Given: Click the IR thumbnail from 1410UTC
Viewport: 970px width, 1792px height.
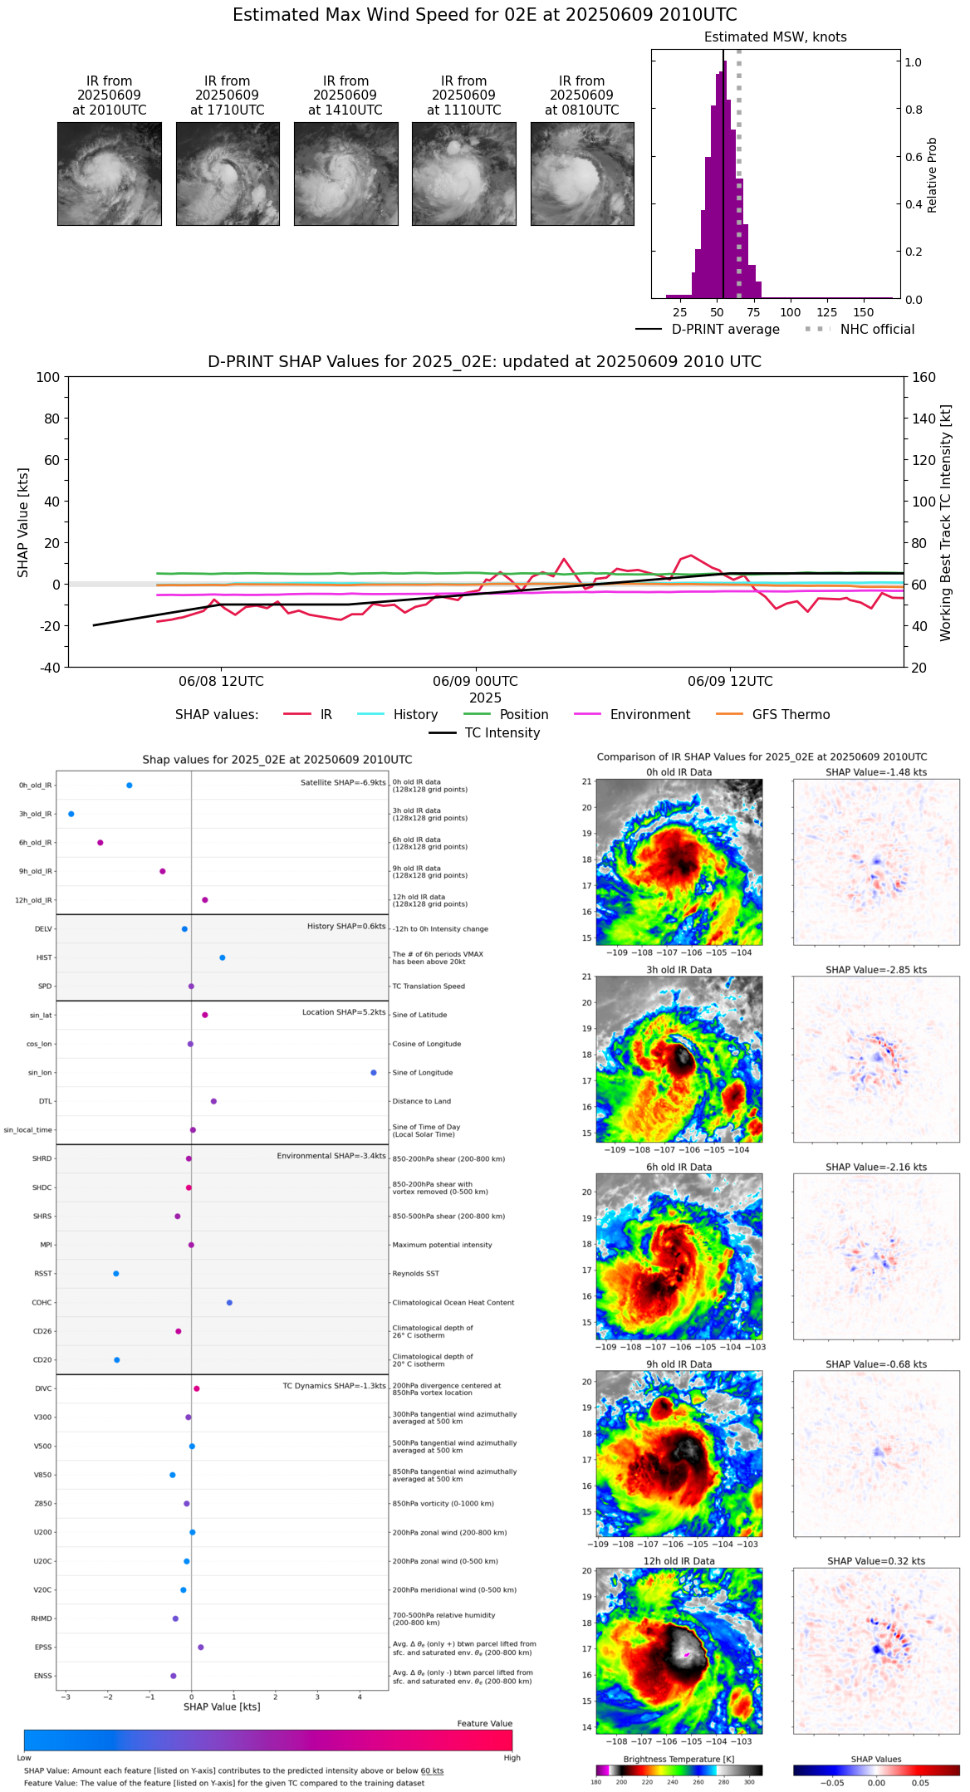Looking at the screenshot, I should pyautogui.click(x=345, y=174).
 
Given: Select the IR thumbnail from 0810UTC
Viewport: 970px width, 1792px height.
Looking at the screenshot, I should pyautogui.click(x=582, y=174).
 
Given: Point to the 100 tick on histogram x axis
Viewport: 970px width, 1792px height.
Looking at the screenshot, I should pyautogui.click(x=791, y=312).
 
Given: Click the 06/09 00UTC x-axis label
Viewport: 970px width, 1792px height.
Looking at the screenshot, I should pyautogui.click(x=475, y=682).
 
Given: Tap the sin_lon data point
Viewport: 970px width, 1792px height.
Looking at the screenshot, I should pyautogui.click(x=374, y=1073).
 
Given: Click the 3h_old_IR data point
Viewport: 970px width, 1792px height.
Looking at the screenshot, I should pyautogui.click(x=71, y=814).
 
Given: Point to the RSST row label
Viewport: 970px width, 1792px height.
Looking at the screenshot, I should pyautogui.click(x=42, y=1274).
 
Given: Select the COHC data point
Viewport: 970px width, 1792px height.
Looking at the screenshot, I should pyautogui.click(x=229, y=1302).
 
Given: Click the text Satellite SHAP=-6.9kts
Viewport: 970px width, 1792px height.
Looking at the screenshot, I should pyautogui.click(x=343, y=782).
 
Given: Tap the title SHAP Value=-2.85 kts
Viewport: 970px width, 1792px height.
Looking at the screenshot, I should pyautogui.click(x=876, y=970).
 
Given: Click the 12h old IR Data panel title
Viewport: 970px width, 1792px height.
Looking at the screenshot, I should pyautogui.click(x=679, y=1561).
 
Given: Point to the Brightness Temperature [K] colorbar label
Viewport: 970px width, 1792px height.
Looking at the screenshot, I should pyautogui.click(x=679, y=1759).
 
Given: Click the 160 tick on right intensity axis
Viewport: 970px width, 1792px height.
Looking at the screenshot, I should pyautogui.click(x=923, y=377).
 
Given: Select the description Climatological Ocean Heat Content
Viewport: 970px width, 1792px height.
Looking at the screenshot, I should pyautogui.click(x=453, y=1303).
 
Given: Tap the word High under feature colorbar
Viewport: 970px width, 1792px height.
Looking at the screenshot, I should pyautogui.click(x=512, y=1758).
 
